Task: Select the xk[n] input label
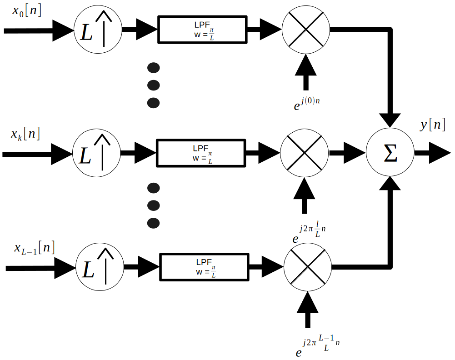click(x=25, y=134)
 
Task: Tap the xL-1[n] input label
click(x=35, y=248)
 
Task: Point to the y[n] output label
click(x=432, y=125)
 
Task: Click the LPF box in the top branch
click(x=202, y=30)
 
